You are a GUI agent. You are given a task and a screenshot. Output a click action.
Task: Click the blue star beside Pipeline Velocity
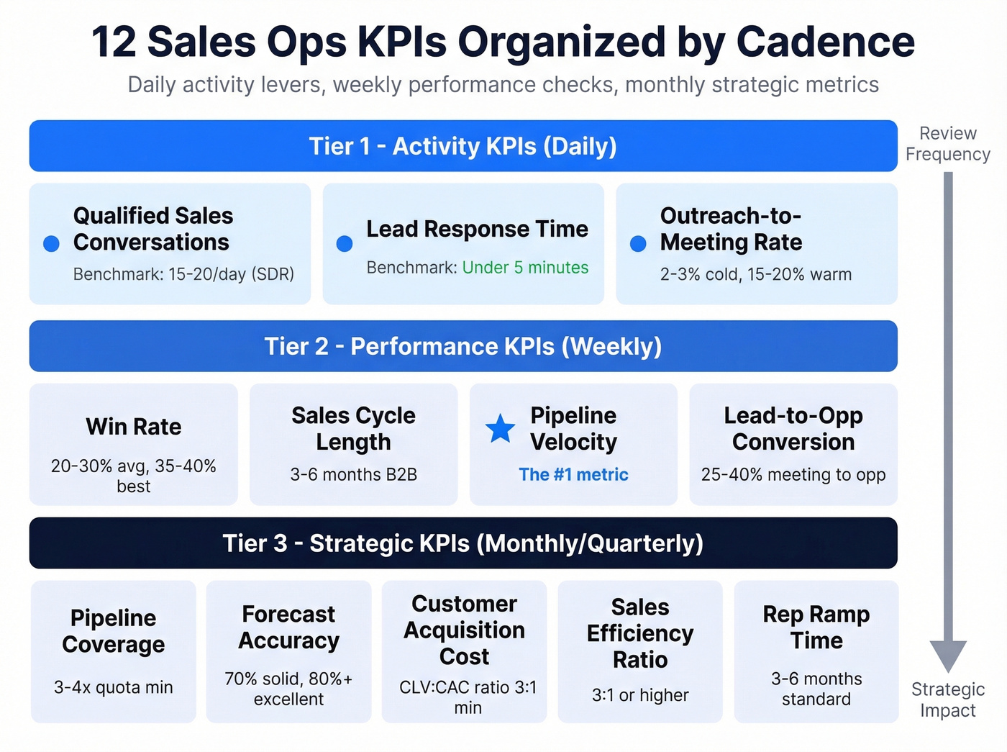(500, 429)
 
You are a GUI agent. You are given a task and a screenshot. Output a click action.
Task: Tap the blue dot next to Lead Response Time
(345, 244)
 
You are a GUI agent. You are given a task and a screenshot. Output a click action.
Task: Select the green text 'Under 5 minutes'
(525, 268)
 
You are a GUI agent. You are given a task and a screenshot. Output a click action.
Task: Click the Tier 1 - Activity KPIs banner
(463, 146)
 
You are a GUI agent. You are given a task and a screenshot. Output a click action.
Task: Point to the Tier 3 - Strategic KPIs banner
(463, 543)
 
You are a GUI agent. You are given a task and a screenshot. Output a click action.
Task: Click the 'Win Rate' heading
(134, 427)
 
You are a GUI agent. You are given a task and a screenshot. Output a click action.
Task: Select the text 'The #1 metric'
(573, 475)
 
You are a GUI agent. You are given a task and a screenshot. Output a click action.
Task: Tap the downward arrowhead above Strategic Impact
(948, 656)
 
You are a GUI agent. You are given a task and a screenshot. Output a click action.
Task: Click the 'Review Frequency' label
(948, 144)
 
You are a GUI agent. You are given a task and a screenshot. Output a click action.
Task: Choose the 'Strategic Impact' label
(948, 699)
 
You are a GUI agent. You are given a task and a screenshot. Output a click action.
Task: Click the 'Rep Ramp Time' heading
(816, 628)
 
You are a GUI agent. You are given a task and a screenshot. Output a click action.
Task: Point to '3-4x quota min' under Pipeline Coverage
(114, 687)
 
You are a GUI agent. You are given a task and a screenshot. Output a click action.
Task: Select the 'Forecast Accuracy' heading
(288, 628)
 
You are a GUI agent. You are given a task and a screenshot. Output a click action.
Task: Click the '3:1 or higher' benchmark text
(640, 695)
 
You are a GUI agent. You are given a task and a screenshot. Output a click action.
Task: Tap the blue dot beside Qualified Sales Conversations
(51, 244)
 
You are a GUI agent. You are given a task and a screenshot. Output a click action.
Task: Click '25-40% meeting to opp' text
(793, 475)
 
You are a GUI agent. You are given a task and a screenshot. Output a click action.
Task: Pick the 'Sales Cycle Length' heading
(353, 429)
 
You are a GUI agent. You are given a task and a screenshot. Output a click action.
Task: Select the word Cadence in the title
(825, 42)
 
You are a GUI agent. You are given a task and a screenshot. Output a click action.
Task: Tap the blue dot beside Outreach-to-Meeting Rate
(638, 244)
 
